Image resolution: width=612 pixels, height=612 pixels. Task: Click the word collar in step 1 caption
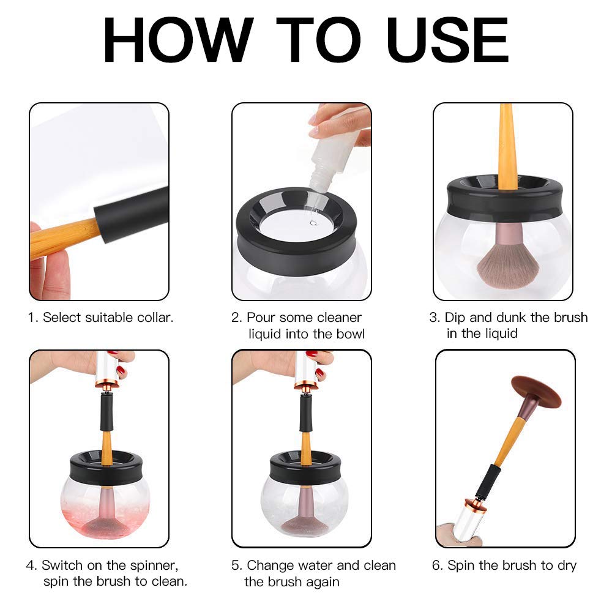point(155,317)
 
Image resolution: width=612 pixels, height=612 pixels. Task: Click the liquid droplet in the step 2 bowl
point(313,223)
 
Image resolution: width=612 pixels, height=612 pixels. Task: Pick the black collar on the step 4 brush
point(106,412)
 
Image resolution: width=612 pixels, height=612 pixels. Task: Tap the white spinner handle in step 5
point(306,369)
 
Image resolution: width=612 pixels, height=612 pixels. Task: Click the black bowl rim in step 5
point(305,467)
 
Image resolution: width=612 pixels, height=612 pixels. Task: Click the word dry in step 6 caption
point(567,565)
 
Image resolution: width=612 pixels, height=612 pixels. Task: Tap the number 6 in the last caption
point(436,565)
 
